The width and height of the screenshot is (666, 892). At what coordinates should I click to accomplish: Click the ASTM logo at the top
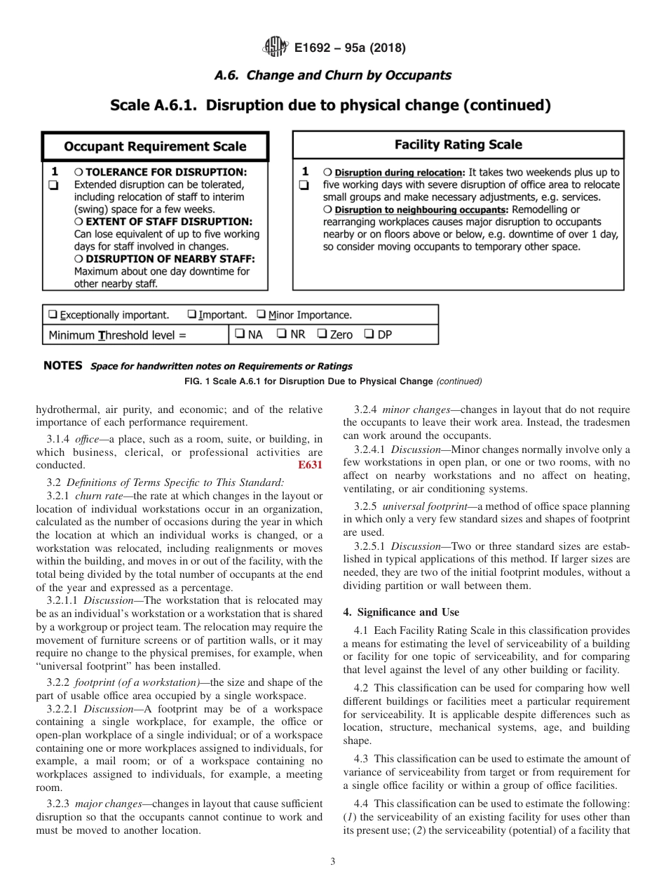point(275,47)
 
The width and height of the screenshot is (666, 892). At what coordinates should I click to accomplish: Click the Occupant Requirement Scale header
point(155,147)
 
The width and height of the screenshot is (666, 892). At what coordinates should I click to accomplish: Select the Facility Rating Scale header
point(458,144)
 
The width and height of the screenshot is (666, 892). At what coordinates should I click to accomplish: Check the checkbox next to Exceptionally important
point(52,315)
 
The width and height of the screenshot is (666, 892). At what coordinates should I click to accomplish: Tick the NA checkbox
point(240,334)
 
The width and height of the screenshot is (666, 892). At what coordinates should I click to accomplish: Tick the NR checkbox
point(281,334)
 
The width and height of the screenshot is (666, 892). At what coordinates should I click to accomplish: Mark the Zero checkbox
point(321,334)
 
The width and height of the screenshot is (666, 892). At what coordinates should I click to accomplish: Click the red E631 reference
point(311,464)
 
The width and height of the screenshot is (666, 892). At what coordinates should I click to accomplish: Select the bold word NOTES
point(63,366)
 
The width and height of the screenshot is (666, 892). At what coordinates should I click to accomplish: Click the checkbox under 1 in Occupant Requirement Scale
point(52,185)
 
